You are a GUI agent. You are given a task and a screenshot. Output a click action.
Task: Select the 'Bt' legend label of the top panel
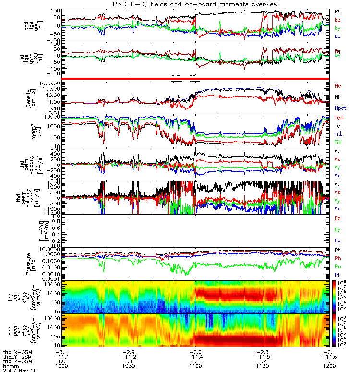point(337,11)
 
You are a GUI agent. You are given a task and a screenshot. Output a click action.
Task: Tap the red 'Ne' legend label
point(338,85)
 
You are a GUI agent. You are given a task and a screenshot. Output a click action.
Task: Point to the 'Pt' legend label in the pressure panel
point(337,251)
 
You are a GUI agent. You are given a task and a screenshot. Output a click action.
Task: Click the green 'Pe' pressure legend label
point(338,266)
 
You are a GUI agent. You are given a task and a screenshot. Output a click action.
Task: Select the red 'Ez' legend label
point(338,219)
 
